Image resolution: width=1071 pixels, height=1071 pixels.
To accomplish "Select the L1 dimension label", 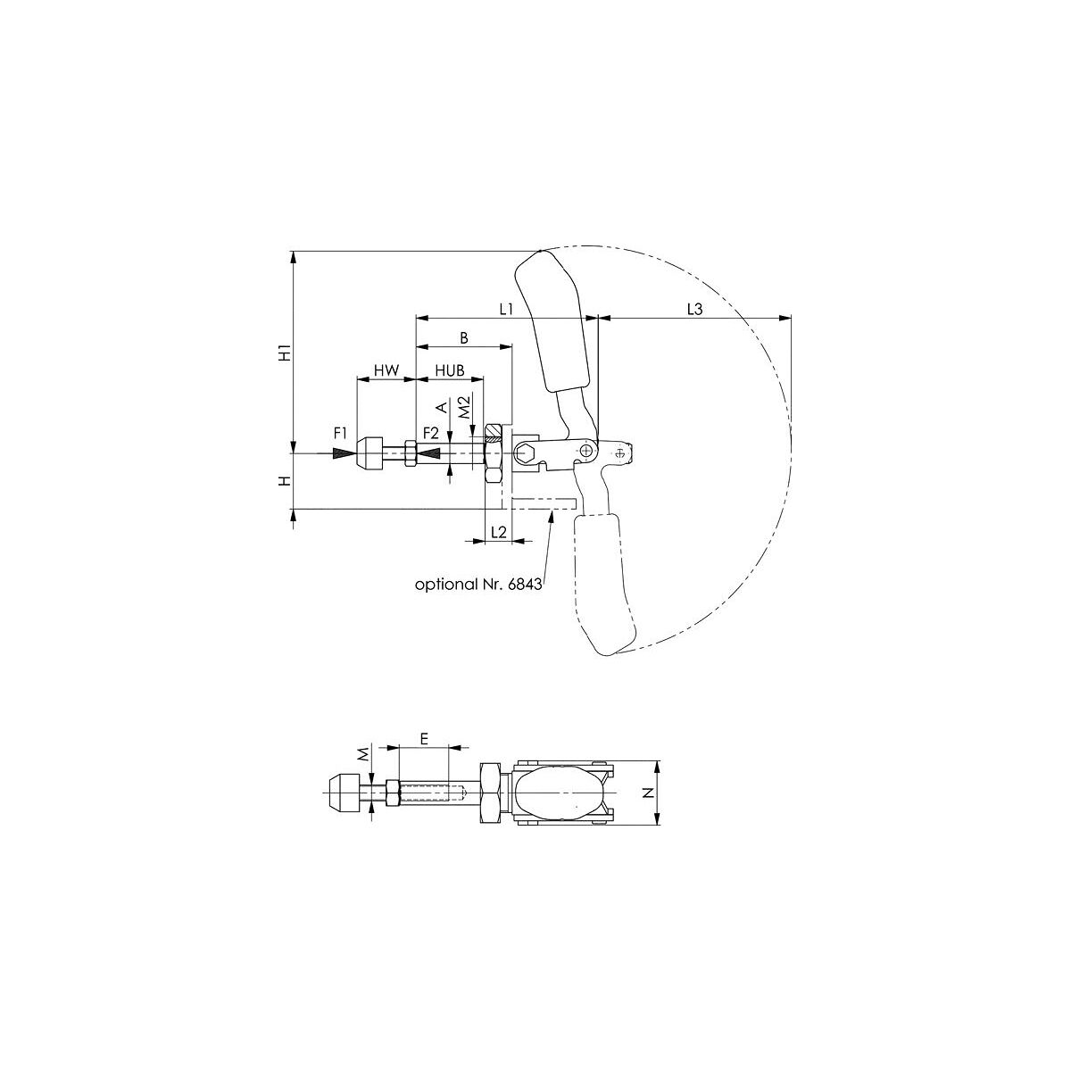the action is tap(506, 310).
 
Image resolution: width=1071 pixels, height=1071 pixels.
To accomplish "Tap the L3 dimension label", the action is tap(694, 310).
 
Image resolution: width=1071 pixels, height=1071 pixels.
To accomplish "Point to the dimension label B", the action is tap(464, 338).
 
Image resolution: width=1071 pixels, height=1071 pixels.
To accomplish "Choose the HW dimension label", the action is tap(386, 370).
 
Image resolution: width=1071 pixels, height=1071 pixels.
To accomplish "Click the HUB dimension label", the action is tap(450, 370).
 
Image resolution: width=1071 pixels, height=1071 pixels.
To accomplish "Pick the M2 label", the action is tap(465, 406).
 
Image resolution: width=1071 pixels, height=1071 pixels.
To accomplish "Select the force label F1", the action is tap(341, 432).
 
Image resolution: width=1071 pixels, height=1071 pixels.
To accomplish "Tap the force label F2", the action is tap(431, 432).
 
